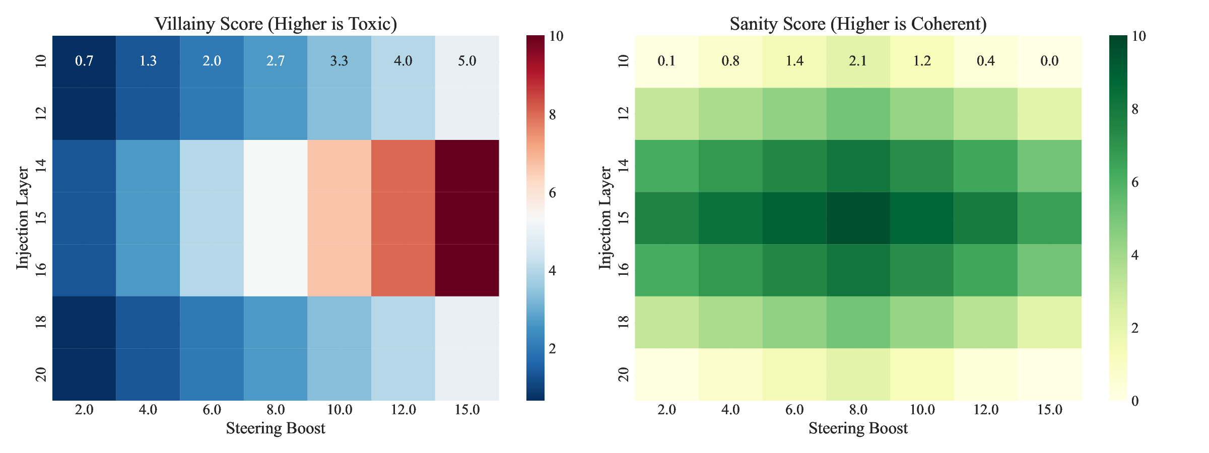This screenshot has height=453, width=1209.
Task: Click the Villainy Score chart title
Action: tap(276, 24)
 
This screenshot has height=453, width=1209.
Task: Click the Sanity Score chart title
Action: tap(858, 24)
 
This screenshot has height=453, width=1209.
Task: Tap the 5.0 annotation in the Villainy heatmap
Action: tap(467, 61)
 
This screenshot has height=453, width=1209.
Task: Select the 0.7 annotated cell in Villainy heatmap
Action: tap(84, 61)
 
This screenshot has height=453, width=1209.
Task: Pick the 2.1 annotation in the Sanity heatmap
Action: tap(858, 61)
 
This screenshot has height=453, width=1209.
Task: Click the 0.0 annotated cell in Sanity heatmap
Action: tap(1049, 61)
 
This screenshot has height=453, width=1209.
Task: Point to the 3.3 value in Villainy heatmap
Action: tap(339, 61)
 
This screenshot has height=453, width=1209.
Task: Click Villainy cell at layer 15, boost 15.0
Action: tap(467, 218)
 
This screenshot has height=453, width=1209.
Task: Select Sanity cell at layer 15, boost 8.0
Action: tap(858, 218)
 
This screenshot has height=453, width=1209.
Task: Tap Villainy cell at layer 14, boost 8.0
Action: tap(276, 166)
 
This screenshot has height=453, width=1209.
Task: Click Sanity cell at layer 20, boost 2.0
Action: tap(666, 374)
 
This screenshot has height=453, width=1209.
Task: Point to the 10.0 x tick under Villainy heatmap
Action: tap(339, 410)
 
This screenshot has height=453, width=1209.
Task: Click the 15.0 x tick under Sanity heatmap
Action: tap(1049, 410)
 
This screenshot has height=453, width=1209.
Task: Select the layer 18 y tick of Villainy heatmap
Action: tap(41, 322)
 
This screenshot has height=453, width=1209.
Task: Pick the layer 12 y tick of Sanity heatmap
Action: tap(624, 114)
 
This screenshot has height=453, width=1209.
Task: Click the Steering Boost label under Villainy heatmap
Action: tap(276, 428)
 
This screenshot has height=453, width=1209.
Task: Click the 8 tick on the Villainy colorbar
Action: tap(553, 115)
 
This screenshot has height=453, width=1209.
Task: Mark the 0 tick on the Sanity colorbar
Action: tap(1134, 401)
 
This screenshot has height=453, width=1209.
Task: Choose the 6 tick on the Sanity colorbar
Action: tap(1134, 182)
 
